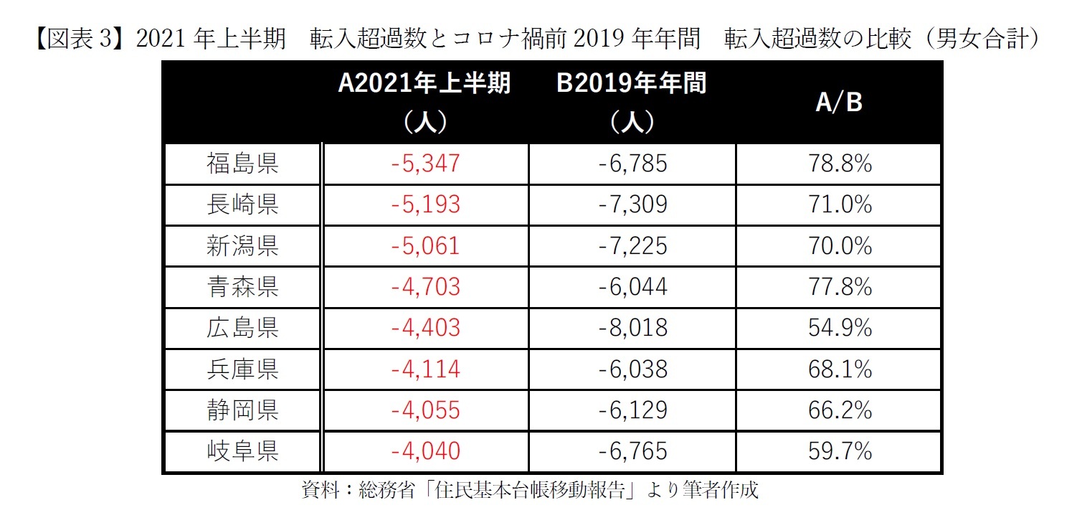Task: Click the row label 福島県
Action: pos(242,164)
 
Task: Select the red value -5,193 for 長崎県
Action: pos(426,205)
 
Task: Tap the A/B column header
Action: pos(838,103)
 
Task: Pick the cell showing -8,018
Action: pos(632,328)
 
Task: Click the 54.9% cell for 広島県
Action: pos(838,328)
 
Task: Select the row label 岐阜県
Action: pos(242,451)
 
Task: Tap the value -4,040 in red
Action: pos(426,451)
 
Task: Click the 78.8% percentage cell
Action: pos(838,164)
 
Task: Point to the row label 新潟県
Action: pos(242,246)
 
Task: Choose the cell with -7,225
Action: pos(632,246)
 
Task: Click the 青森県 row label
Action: pos(242,287)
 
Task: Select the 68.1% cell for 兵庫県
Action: pos(838,369)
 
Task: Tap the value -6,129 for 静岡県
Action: pos(632,410)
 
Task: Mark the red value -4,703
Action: pos(426,287)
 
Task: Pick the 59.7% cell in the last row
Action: pos(838,451)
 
